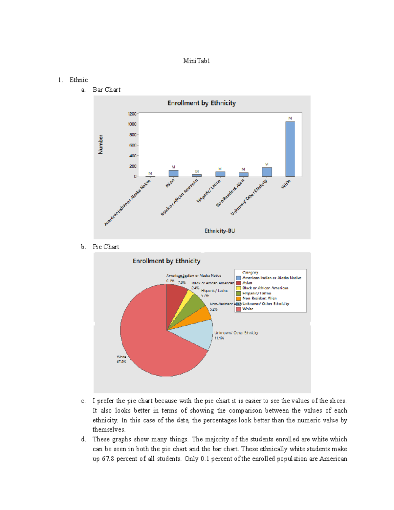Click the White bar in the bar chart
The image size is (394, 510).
290,149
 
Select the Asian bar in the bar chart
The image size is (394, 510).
173,173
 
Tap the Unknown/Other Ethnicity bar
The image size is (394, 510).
267,172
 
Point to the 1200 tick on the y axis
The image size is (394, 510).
132,114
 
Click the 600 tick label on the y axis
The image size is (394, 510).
133,145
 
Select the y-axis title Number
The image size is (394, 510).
100,144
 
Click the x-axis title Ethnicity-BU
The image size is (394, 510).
220,231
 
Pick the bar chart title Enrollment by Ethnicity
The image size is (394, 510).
202,103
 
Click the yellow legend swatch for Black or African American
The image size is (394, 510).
239,288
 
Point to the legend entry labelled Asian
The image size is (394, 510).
247,283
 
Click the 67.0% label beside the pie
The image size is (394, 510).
121,362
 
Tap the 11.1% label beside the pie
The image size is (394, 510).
219,338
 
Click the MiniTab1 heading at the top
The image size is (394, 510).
196,61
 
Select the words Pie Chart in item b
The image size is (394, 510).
106,247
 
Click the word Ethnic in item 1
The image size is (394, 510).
78,80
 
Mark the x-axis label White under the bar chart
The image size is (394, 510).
286,184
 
